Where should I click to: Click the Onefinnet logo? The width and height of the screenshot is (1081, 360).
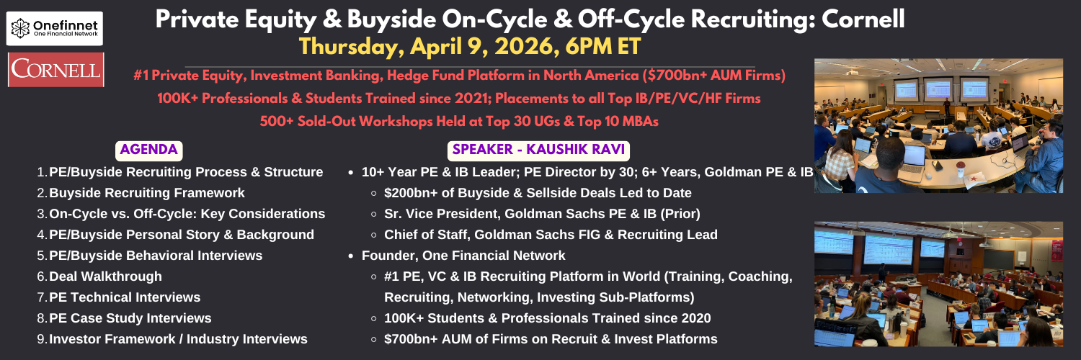[x=55, y=28]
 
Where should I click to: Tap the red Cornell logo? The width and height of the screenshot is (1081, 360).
[x=56, y=70]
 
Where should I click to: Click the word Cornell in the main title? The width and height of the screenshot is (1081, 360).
[x=863, y=19]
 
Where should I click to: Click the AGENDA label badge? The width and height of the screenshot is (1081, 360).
[x=148, y=150]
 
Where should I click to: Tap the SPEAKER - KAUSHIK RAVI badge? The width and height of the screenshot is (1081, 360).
[x=538, y=150]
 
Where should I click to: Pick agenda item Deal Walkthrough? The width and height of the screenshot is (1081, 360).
[x=106, y=276]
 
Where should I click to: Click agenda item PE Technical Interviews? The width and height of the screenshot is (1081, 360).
[x=125, y=297]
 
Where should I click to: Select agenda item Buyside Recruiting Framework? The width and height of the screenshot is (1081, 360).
[x=147, y=193]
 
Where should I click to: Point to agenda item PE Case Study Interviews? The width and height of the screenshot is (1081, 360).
[x=130, y=318]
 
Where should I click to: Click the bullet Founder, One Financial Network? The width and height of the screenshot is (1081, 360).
[x=463, y=256]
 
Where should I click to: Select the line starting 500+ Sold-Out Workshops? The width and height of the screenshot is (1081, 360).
[x=459, y=121]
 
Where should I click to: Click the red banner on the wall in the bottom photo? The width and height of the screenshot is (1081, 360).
[x=1057, y=251]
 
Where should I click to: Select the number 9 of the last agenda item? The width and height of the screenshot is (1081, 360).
[x=41, y=339]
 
